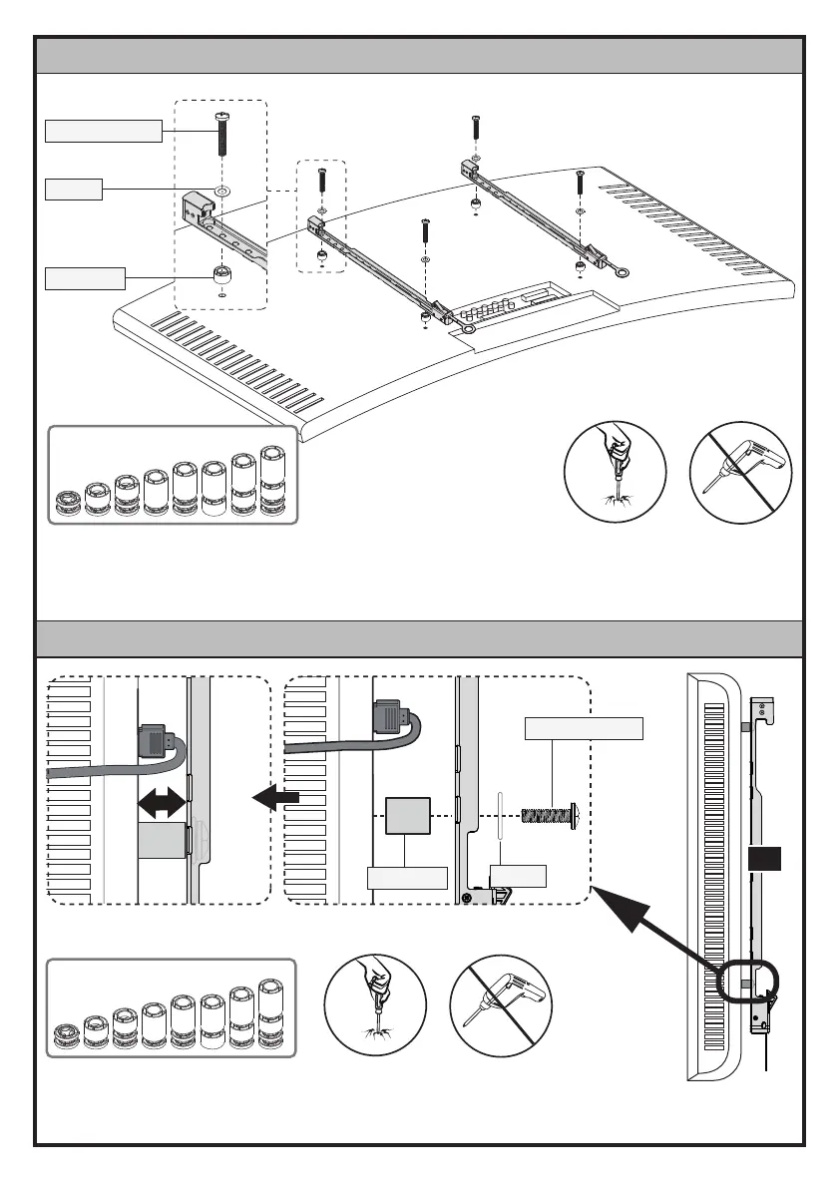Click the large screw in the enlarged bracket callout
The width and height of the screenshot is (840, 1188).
[220, 135]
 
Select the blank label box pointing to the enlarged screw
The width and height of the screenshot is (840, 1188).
[104, 131]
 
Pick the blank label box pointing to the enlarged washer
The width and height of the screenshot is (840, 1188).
[74, 189]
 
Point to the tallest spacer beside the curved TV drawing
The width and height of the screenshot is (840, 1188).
[272, 483]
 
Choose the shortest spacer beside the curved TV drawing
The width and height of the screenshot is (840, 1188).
[68, 503]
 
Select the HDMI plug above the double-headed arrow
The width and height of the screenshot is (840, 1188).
[160, 739]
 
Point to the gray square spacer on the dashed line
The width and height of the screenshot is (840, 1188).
[406, 817]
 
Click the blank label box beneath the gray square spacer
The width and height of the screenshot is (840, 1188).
[406, 878]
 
